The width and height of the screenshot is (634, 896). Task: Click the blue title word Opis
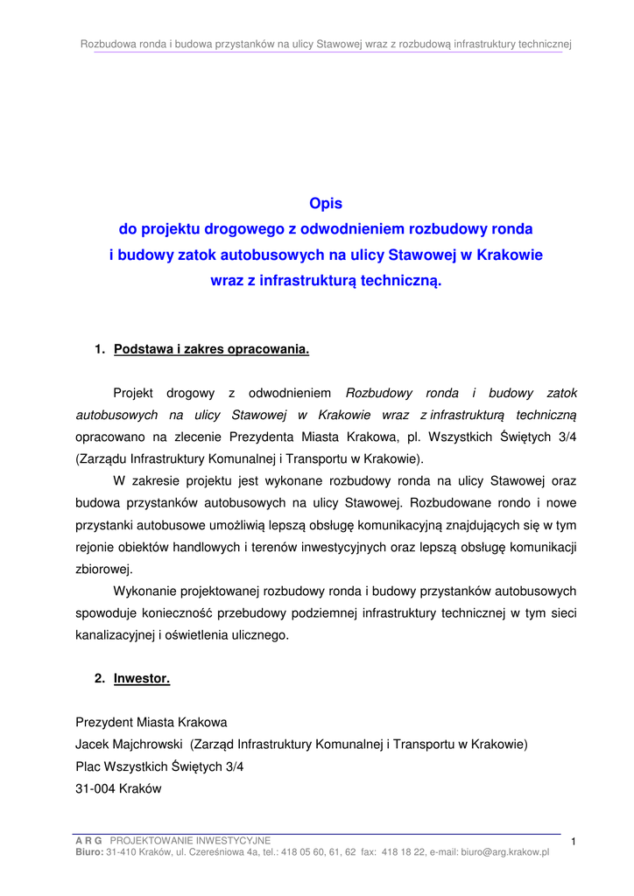(326, 204)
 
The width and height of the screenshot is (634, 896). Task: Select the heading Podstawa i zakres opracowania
(212, 350)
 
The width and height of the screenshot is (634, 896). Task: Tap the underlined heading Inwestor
(142, 678)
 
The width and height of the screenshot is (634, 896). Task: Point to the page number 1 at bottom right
(572, 842)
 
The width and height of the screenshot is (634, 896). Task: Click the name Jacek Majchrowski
(129, 745)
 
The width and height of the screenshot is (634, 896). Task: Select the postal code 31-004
(95, 787)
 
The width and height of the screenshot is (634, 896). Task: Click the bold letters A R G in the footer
(88, 840)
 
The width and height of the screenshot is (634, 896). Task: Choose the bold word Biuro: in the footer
(89, 851)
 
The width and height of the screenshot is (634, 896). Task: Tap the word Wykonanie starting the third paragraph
(144, 591)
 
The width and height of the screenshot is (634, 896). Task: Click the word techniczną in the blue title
(398, 282)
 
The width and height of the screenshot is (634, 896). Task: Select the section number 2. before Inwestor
(100, 678)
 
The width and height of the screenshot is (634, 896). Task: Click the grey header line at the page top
(326, 44)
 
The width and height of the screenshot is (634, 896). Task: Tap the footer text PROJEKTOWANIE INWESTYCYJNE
(190, 840)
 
